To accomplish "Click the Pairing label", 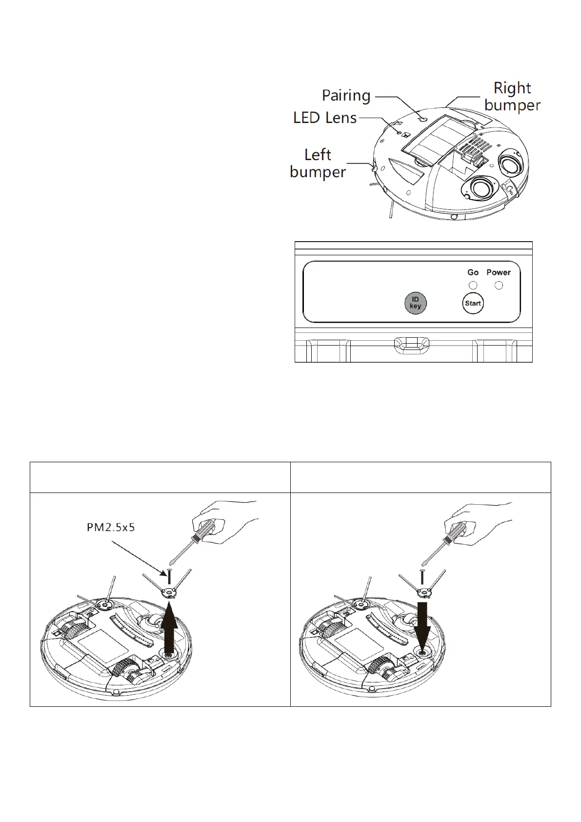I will pyautogui.click(x=346, y=96).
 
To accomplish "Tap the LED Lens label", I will pyautogui.click(x=325, y=118).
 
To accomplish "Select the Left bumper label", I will pyautogui.click(x=318, y=164).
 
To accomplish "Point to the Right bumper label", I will pyautogui.click(x=512, y=97).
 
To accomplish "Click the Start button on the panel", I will pyautogui.click(x=473, y=303).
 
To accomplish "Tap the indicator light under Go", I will pyautogui.click(x=473, y=286).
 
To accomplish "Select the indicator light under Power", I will pyautogui.click(x=499, y=286).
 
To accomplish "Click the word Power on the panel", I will pyautogui.click(x=499, y=272).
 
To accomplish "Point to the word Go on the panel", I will pyautogui.click(x=473, y=272).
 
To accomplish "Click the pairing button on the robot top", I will pyautogui.click(x=422, y=119).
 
